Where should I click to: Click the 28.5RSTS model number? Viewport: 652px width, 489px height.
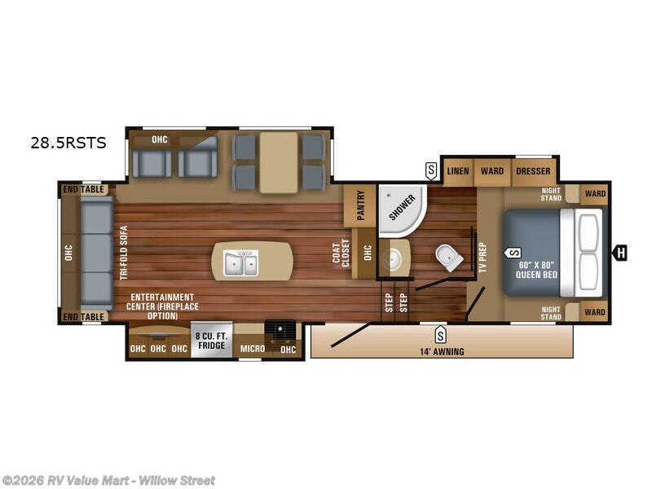[68, 143]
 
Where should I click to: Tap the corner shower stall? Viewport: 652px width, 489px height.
[399, 208]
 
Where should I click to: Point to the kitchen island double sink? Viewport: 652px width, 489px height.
[241, 263]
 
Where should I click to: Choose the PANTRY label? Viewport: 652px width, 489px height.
[359, 206]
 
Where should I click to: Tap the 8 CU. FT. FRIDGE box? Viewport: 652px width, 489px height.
[211, 341]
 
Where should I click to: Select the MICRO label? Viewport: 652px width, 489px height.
[252, 350]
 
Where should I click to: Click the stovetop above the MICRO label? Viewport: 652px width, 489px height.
[280, 330]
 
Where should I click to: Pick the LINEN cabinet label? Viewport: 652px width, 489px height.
[458, 171]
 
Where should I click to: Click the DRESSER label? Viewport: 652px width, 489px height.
[533, 171]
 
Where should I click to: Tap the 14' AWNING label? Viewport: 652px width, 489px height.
[441, 351]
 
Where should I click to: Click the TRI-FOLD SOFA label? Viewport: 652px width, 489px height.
[125, 252]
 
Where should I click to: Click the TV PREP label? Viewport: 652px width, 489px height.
[482, 258]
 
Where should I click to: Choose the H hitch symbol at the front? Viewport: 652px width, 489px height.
[620, 253]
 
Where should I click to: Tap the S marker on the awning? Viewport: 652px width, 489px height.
[440, 334]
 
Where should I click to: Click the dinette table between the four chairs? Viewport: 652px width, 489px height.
[279, 162]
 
